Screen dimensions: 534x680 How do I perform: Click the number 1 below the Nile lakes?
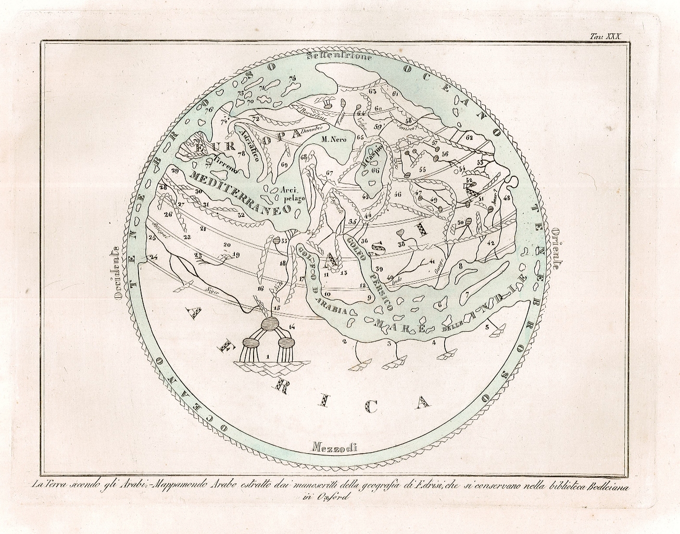(x=268, y=357)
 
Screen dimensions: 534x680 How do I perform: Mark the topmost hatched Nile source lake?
(x=270, y=324)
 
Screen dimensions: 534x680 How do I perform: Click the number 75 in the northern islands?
(x=292, y=78)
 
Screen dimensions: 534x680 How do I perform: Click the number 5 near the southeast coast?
(x=487, y=327)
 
